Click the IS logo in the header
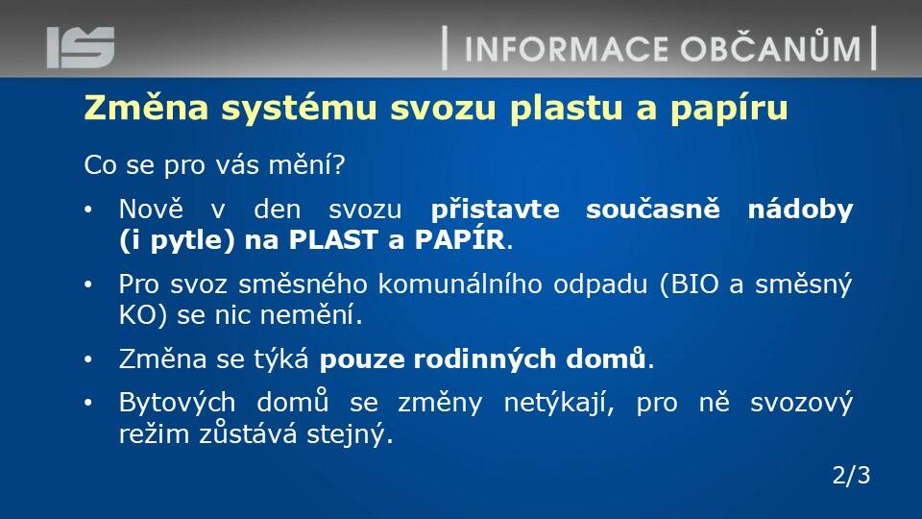click(81, 47)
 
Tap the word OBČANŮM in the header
click(771, 47)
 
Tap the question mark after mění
click(338, 164)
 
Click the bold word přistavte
click(496, 210)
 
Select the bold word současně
click(653, 209)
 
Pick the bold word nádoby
click(800, 210)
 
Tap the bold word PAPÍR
click(460, 239)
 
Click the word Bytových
click(177, 404)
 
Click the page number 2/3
click(852, 476)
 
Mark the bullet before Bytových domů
click(88, 403)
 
